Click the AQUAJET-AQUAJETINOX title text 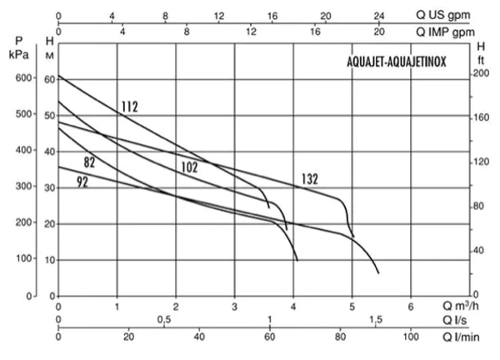[x=397, y=62]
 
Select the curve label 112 [x=129, y=107]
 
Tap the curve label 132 [x=310, y=179]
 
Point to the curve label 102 [x=189, y=167]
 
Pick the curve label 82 [x=89, y=162]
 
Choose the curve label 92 [x=82, y=182]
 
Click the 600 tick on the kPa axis [x=23, y=78]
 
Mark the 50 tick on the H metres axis [x=50, y=116]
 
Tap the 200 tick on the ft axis [x=482, y=73]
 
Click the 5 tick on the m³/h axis [x=352, y=307]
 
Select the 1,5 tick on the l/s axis [x=376, y=319]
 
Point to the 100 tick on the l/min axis [x=411, y=337]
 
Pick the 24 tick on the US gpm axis [x=379, y=16]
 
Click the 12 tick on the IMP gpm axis [x=251, y=32]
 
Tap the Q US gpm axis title [x=443, y=15]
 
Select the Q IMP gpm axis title [x=445, y=32]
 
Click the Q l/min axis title [x=461, y=337]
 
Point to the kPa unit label [x=19, y=54]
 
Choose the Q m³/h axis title [x=461, y=306]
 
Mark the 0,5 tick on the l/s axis [x=164, y=319]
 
